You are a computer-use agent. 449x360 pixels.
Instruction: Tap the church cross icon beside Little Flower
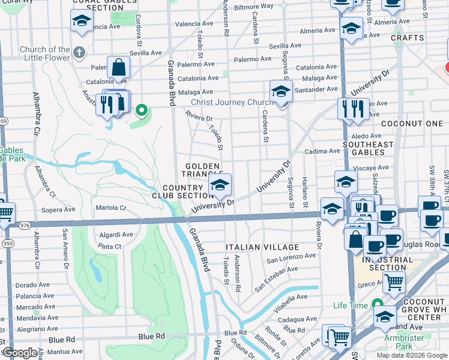click(79, 52)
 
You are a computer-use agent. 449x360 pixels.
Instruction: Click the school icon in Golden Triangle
click(220, 185)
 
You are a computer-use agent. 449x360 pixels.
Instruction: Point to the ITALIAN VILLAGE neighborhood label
click(262, 247)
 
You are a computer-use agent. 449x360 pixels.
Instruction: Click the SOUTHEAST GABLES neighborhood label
click(368, 148)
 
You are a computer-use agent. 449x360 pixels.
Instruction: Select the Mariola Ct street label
click(111, 208)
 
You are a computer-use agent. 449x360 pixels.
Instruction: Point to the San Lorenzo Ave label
click(291, 257)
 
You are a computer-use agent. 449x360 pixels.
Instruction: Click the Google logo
click(20, 353)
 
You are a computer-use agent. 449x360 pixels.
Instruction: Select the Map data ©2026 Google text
click(412, 355)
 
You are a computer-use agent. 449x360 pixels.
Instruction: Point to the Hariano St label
click(304, 187)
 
